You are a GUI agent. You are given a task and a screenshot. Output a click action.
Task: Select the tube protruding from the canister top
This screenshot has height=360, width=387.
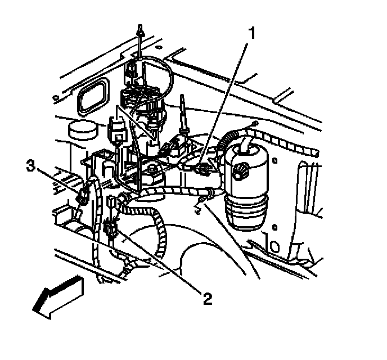pyautogui.click(x=246, y=145)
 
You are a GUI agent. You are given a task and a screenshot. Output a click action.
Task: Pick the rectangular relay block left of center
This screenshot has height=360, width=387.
pyautogui.click(x=118, y=130)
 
